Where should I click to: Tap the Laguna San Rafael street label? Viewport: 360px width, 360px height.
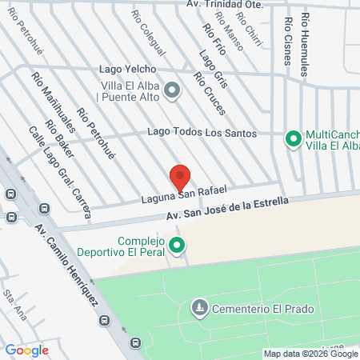(184, 194)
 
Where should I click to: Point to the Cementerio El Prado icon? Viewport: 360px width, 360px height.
(198, 307)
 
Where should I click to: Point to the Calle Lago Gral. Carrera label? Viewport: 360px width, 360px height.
(60, 171)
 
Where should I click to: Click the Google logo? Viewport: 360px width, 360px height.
(26, 350)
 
